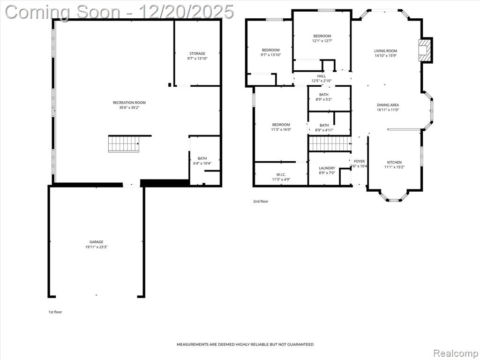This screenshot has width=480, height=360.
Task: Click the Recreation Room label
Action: (129, 103)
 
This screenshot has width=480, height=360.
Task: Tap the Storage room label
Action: (197, 53)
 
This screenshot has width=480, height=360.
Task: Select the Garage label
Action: (97, 242)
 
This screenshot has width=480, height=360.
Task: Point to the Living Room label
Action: (386, 51)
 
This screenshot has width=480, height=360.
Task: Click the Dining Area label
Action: (388, 105)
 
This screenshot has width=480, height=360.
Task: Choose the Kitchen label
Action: (394, 162)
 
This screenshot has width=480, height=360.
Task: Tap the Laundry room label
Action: (327, 168)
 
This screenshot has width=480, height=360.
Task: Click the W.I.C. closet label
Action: (281, 174)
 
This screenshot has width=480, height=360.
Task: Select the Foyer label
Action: (359, 161)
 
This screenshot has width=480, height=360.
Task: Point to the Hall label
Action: (322, 76)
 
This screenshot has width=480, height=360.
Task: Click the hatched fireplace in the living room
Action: (424, 50)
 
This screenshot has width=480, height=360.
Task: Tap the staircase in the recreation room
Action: (124, 144)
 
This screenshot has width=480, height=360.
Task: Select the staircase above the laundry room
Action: (330, 144)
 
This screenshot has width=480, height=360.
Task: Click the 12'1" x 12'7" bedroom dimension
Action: (322, 41)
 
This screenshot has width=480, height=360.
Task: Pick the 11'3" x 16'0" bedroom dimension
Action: (281, 129)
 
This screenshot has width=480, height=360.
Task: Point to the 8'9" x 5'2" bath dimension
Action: (323, 99)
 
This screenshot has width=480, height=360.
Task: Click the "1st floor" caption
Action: (55, 312)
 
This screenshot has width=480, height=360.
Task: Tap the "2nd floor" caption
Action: (261, 202)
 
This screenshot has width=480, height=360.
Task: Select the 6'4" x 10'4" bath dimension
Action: (202, 164)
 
